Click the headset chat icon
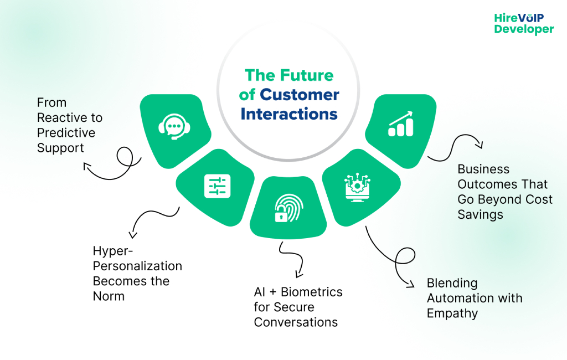click(x=174, y=127)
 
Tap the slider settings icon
click(x=217, y=186)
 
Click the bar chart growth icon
click(x=400, y=124)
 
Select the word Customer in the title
click(x=299, y=95)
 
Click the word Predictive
click(x=66, y=133)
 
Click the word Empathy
click(x=452, y=313)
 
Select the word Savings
click(x=480, y=214)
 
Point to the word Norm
click(x=109, y=296)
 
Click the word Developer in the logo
click(x=524, y=30)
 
